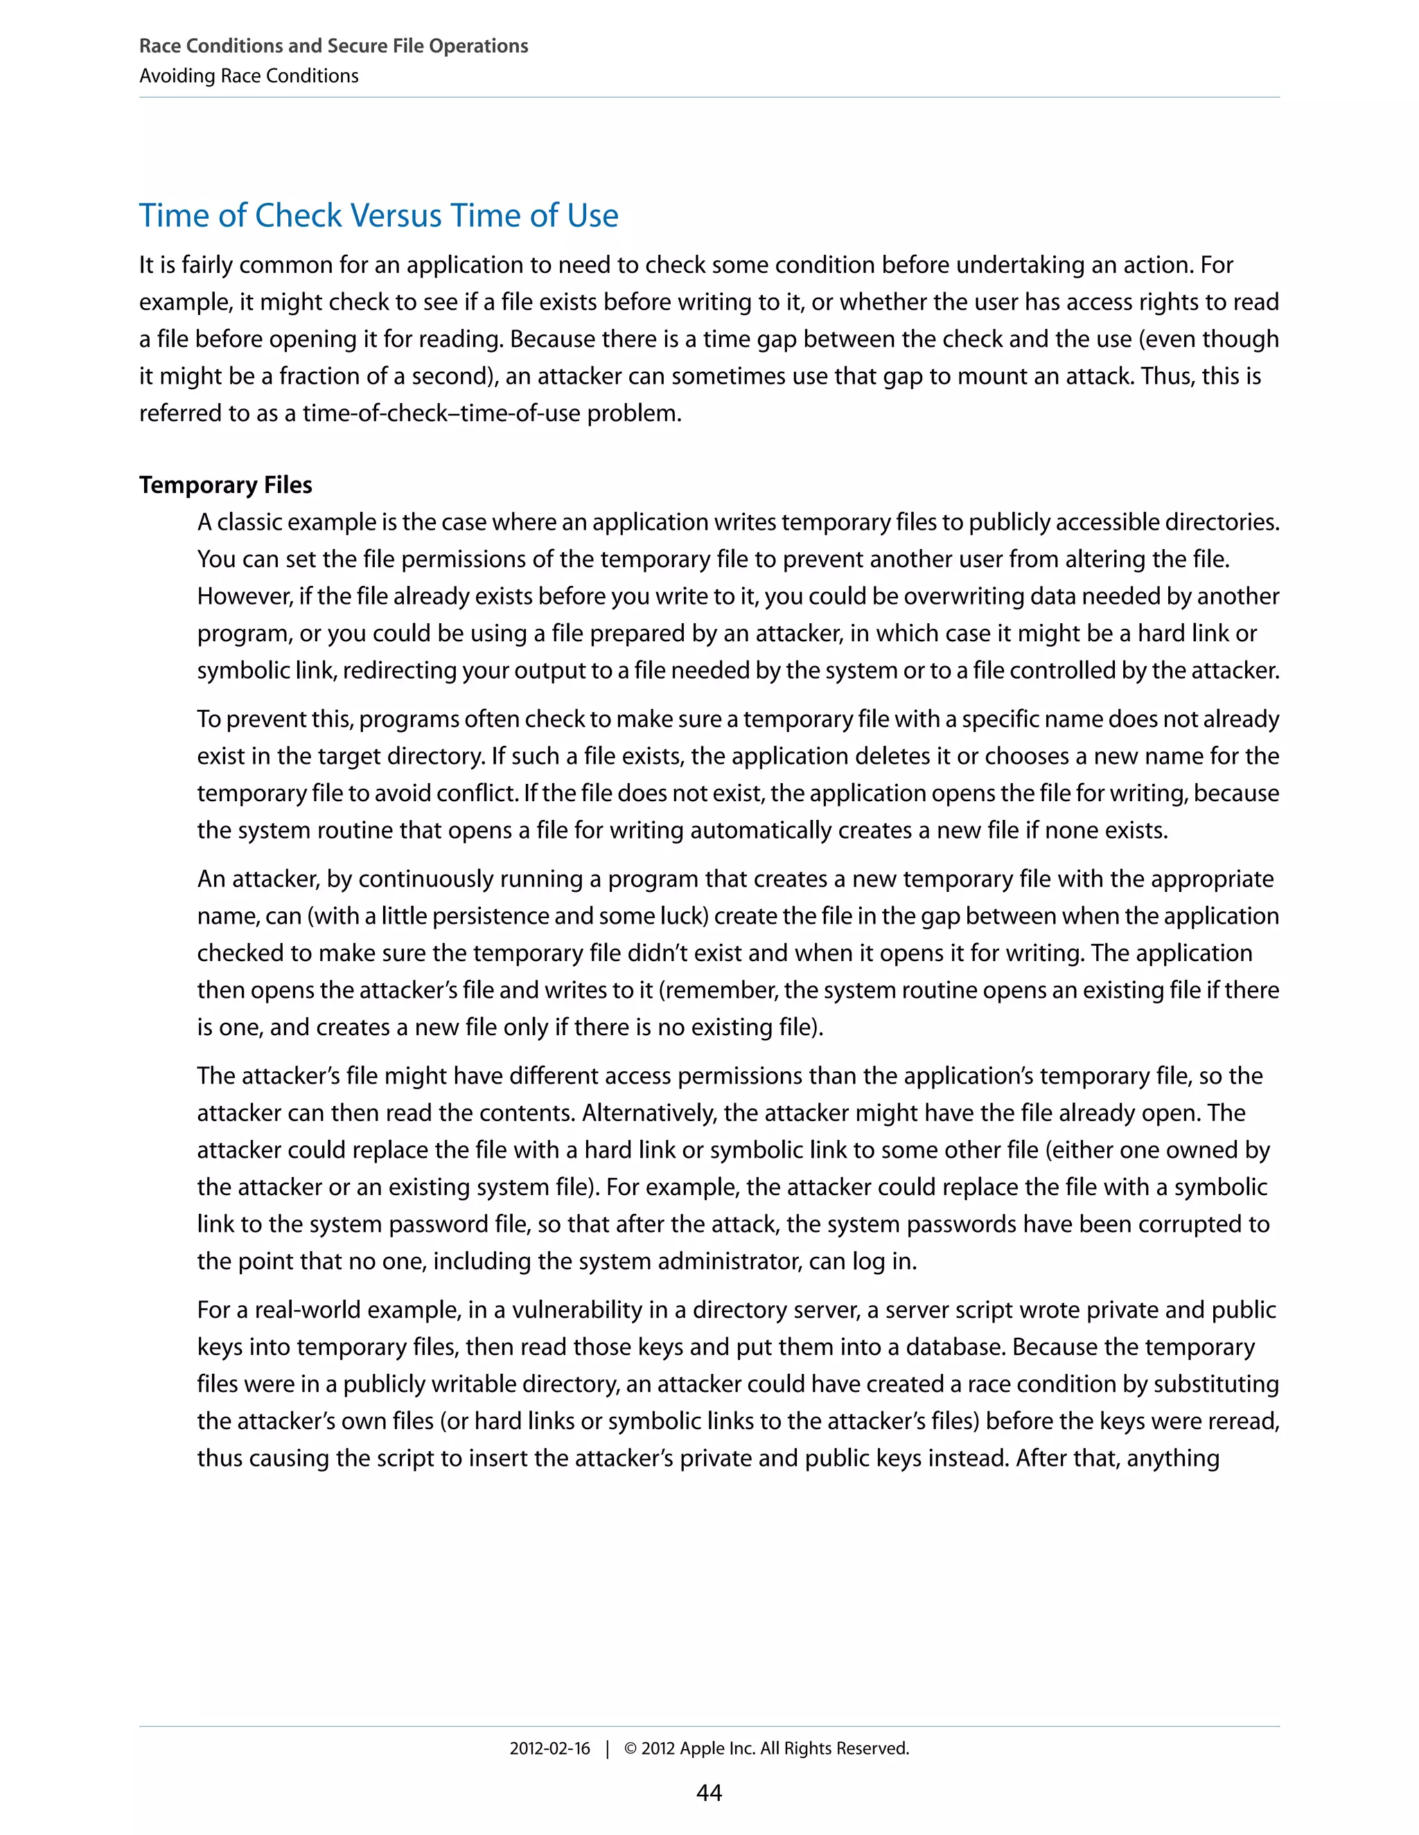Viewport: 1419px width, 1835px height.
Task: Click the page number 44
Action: pyautogui.click(x=709, y=1793)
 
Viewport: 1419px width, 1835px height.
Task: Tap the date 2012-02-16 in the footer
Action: pyautogui.click(x=549, y=1748)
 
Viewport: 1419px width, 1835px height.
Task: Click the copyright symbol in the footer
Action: pyautogui.click(x=631, y=1748)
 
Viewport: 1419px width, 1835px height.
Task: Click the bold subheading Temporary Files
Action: pyautogui.click(x=225, y=485)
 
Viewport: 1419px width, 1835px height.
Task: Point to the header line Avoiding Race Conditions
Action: pyautogui.click(x=249, y=75)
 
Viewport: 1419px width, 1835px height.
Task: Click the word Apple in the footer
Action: pyautogui.click(x=702, y=1748)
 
